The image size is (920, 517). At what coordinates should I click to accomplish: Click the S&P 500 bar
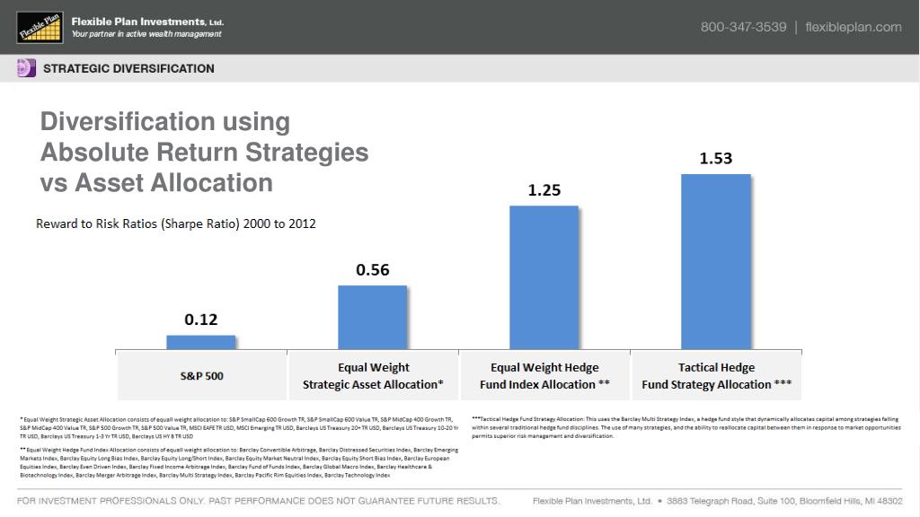tap(201, 342)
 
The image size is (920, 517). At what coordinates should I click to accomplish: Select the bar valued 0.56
tap(372, 317)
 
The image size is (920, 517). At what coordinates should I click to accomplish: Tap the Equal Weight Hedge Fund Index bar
tap(544, 277)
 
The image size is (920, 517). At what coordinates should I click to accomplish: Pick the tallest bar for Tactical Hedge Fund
tap(716, 261)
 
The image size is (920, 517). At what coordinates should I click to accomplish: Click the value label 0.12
tap(201, 320)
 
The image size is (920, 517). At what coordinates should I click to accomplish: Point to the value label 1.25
tap(544, 190)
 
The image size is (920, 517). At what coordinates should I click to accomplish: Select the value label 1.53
tap(716, 159)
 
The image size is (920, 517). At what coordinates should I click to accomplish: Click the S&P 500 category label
tap(202, 376)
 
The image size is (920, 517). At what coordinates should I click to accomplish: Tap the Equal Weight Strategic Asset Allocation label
tap(373, 376)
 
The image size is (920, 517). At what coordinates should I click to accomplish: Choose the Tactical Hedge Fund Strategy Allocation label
tap(716, 376)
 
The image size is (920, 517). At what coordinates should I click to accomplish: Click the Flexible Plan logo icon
tap(40, 27)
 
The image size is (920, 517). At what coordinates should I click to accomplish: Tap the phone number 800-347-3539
tap(743, 27)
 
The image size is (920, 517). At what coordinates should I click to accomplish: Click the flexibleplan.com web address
tap(854, 27)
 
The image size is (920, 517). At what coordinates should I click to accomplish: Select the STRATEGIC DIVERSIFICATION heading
tap(129, 69)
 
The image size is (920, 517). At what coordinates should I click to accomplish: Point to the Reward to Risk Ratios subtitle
tap(175, 223)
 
